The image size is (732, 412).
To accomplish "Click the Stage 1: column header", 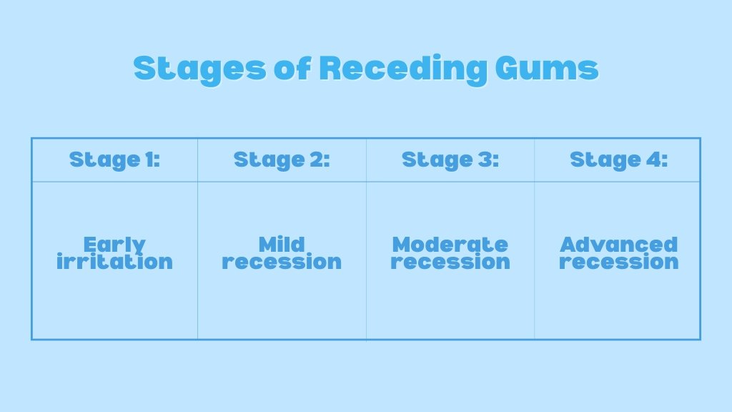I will pos(114,160).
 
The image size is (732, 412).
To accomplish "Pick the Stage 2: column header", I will pos(282,160).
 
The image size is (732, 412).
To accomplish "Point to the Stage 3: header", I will pos(450,160).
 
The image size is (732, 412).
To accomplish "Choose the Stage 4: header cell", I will pos(618,160).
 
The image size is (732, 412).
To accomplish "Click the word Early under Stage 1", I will pos(114,245).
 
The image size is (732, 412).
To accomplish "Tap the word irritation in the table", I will pos(114,262).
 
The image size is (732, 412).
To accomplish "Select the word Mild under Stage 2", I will pos(282,245).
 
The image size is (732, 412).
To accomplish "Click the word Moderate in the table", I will pos(450,245).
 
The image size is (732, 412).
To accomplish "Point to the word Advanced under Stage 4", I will pos(618,245).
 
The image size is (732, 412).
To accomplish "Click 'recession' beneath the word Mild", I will pos(282,263).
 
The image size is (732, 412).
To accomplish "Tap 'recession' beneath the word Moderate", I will pos(450,263).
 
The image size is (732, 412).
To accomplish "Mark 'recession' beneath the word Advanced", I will pos(618,263).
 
